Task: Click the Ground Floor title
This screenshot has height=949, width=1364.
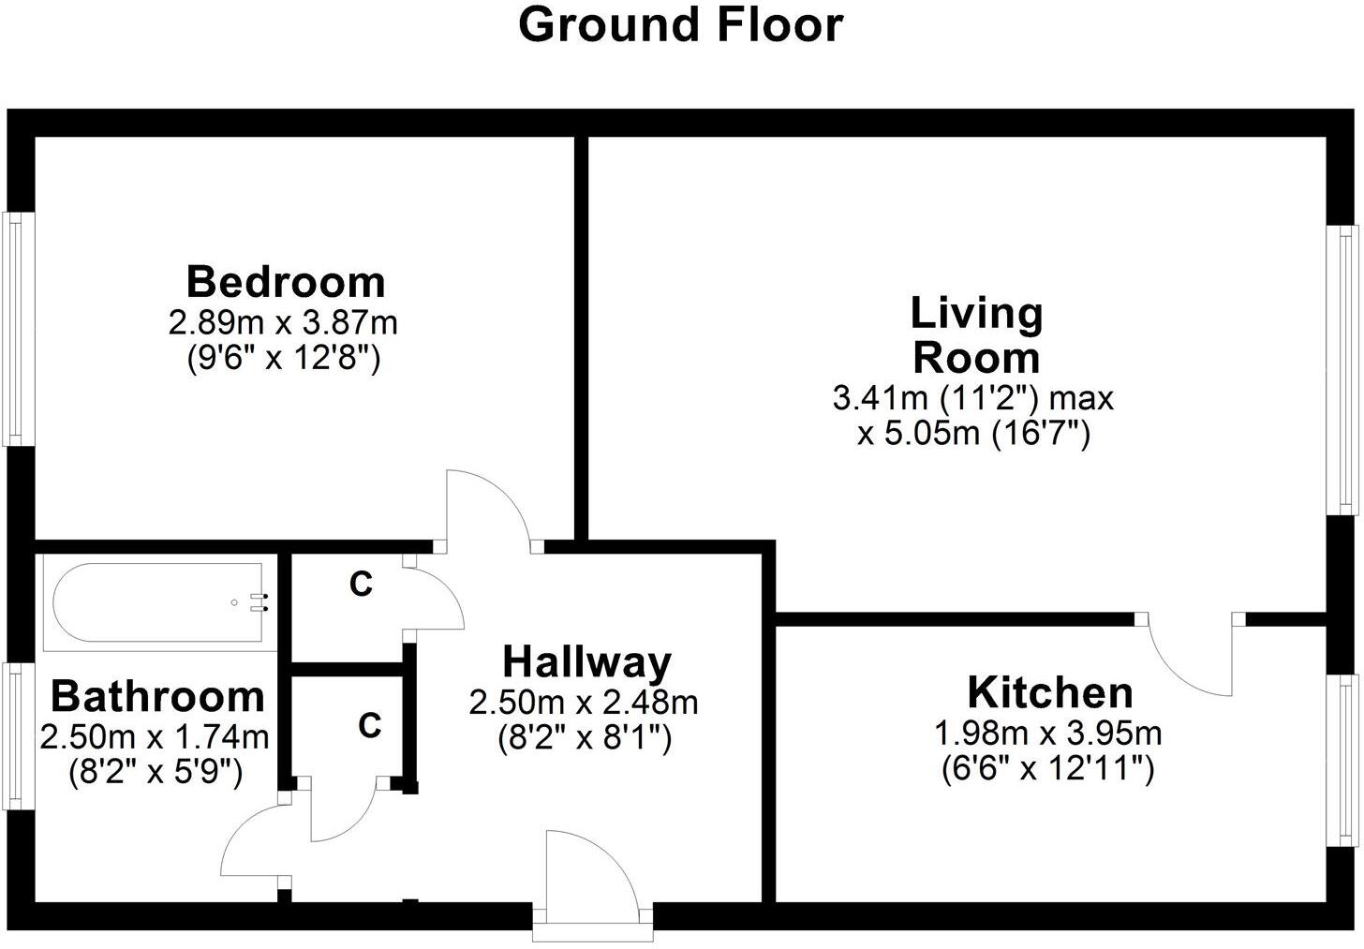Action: [681, 25]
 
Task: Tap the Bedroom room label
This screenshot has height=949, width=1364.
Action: [285, 281]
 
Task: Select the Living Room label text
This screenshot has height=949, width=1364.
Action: [976, 335]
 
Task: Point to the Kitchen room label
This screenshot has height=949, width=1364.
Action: [1049, 692]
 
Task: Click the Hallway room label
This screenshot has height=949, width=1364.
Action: [586, 661]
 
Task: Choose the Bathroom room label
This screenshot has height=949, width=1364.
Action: [157, 696]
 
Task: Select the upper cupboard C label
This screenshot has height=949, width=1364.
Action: [361, 584]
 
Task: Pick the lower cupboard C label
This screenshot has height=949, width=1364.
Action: [370, 724]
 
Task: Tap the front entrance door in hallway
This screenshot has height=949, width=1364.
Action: [590, 876]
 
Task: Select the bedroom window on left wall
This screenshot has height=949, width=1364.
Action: [16, 328]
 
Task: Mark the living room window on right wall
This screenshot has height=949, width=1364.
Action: [1347, 369]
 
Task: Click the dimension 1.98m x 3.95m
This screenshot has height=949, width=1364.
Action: [1047, 733]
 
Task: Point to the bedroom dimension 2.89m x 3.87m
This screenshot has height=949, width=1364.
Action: [283, 323]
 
